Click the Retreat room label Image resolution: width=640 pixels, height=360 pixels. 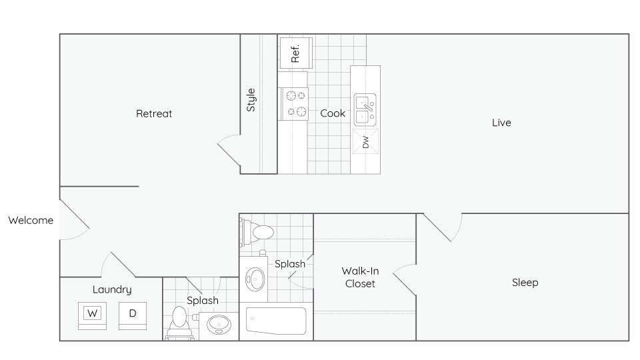point(154,113)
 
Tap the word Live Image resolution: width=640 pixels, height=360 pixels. point(501,123)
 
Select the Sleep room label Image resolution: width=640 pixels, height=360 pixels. point(525,283)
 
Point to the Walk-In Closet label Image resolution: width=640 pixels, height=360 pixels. point(359,277)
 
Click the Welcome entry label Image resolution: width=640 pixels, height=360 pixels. point(31,220)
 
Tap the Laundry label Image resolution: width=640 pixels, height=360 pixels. point(112,289)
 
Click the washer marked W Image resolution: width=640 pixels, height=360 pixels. point(92,313)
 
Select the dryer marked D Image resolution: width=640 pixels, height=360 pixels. point(132,313)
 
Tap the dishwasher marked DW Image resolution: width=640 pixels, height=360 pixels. point(365,141)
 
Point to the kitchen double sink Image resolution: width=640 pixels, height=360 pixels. point(365,109)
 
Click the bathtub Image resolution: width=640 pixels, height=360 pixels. point(276,321)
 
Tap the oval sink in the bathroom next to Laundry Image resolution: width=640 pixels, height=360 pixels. point(219,325)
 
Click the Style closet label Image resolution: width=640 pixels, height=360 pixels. point(251,100)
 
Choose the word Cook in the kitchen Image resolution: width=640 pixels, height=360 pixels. point(333,113)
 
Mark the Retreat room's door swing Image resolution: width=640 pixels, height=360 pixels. point(228,148)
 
